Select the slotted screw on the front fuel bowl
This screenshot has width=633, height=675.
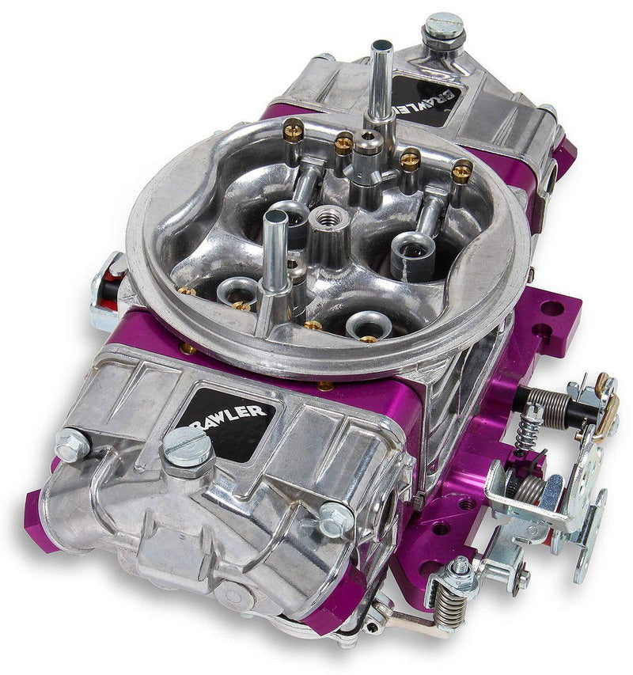pos(188,448)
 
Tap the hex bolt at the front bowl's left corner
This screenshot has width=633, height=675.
pos(73,444)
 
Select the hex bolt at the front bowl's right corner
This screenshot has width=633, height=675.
pos(335,520)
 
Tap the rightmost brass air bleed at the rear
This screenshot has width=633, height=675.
pos(462,169)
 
